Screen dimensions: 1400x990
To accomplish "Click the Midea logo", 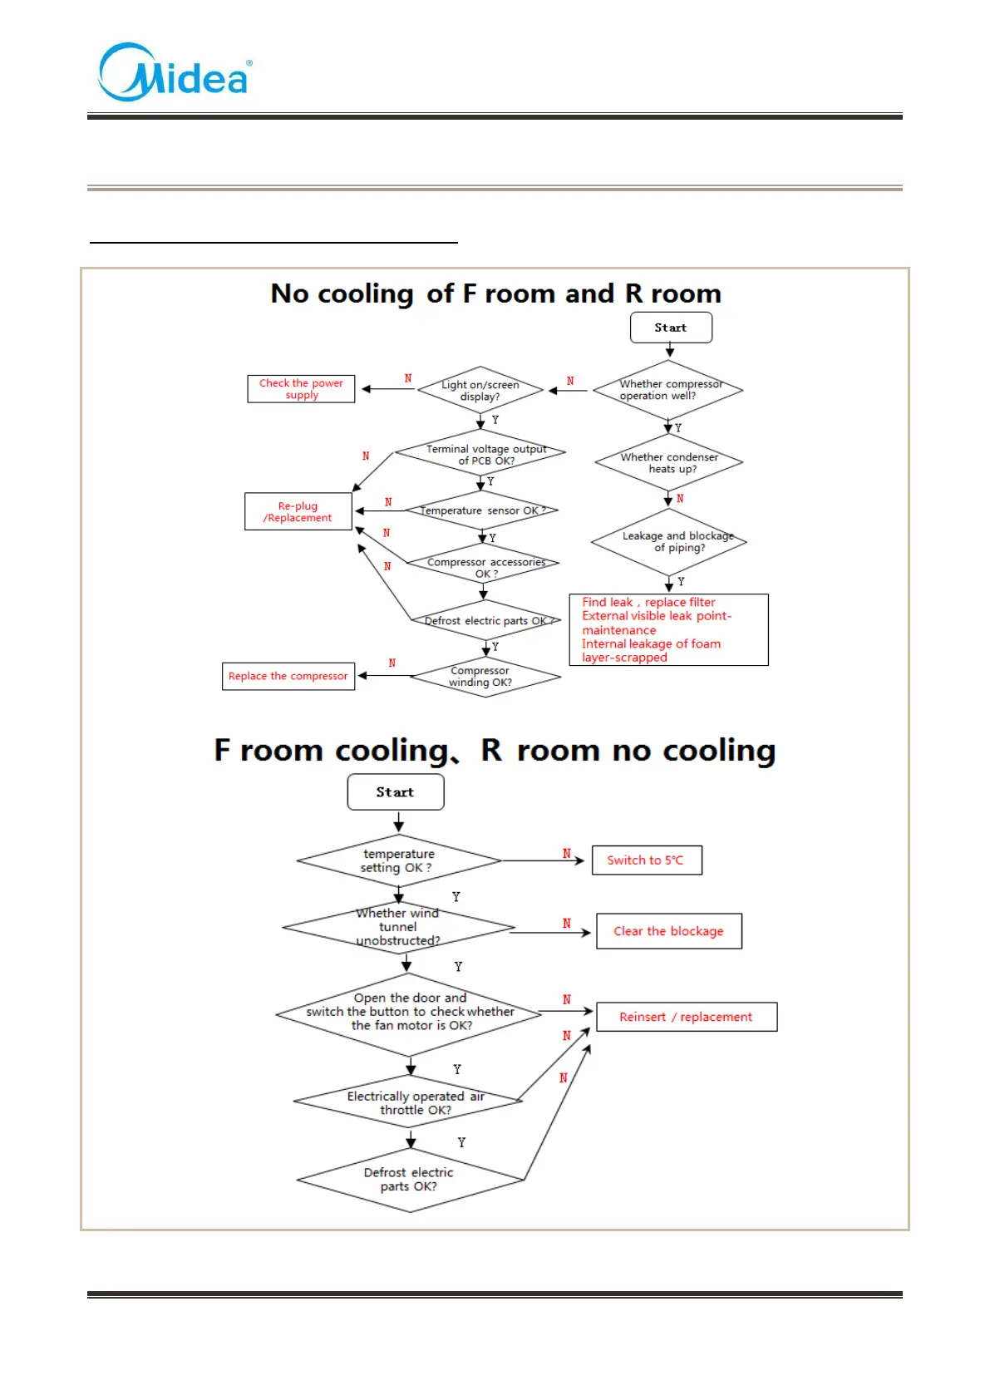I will [x=175, y=73].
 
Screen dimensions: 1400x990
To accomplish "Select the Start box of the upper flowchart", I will [x=671, y=328].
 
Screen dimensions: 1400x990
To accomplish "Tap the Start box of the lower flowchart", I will [x=395, y=792].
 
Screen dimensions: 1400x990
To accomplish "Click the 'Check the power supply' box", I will [x=301, y=389].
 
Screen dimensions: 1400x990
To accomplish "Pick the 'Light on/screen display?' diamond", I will [x=480, y=390].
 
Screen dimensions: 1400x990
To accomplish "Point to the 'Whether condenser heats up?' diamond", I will [x=669, y=463].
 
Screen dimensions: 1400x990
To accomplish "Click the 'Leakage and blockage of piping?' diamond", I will [x=669, y=542].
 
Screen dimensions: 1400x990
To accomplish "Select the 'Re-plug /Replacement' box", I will [x=298, y=511].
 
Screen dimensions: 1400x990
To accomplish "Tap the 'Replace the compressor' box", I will [x=288, y=676].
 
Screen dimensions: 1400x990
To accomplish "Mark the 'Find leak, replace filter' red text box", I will [x=668, y=629].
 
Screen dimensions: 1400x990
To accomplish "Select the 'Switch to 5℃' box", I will [x=647, y=860].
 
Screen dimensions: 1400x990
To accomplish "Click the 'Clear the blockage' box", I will [x=668, y=931].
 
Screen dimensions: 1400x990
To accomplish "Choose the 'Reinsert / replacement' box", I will [x=687, y=1017].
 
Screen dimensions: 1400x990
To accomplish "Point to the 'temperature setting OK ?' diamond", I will [x=398, y=860].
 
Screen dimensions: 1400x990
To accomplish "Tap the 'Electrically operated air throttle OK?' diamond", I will [x=410, y=1102].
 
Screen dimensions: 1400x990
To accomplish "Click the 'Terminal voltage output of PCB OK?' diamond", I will [x=481, y=454].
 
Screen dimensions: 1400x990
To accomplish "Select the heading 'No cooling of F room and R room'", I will [x=495, y=293].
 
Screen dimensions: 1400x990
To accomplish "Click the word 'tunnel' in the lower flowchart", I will [x=398, y=927].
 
